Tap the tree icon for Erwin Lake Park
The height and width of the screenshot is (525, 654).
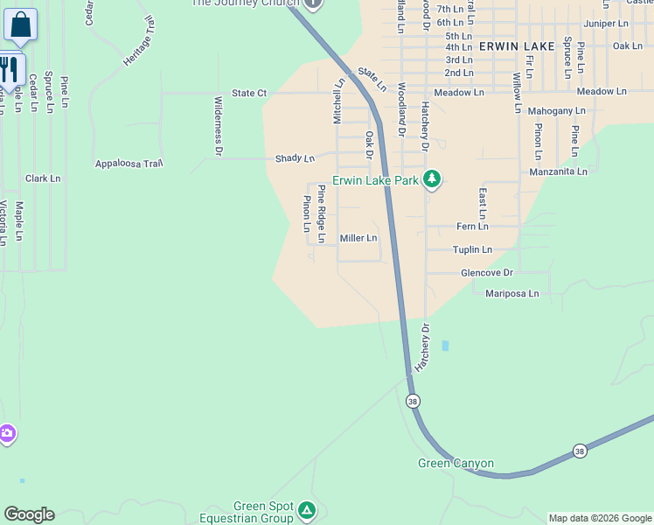tap(432, 180)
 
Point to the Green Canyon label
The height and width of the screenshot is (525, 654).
tap(456, 464)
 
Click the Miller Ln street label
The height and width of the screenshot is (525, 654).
tap(358, 238)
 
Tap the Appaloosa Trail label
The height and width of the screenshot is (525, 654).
tap(129, 164)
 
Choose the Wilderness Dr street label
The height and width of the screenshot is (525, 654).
tap(218, 126)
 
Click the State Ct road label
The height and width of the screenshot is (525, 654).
tap(248, 93)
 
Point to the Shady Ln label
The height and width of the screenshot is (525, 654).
tap(295, 158)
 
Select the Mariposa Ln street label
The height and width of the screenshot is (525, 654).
tap(512, 293)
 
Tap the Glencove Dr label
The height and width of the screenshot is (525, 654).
tap(488, 273)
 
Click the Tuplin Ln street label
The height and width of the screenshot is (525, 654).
tap(472, 250)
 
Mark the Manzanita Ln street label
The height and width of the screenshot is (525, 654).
tap(558, 172)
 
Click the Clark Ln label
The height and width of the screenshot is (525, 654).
tap(43, 178)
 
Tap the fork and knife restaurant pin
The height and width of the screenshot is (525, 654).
tap(9, 69)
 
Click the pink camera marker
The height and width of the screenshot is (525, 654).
tap(6, 434)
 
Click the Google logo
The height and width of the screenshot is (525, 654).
tap(29, 514)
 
